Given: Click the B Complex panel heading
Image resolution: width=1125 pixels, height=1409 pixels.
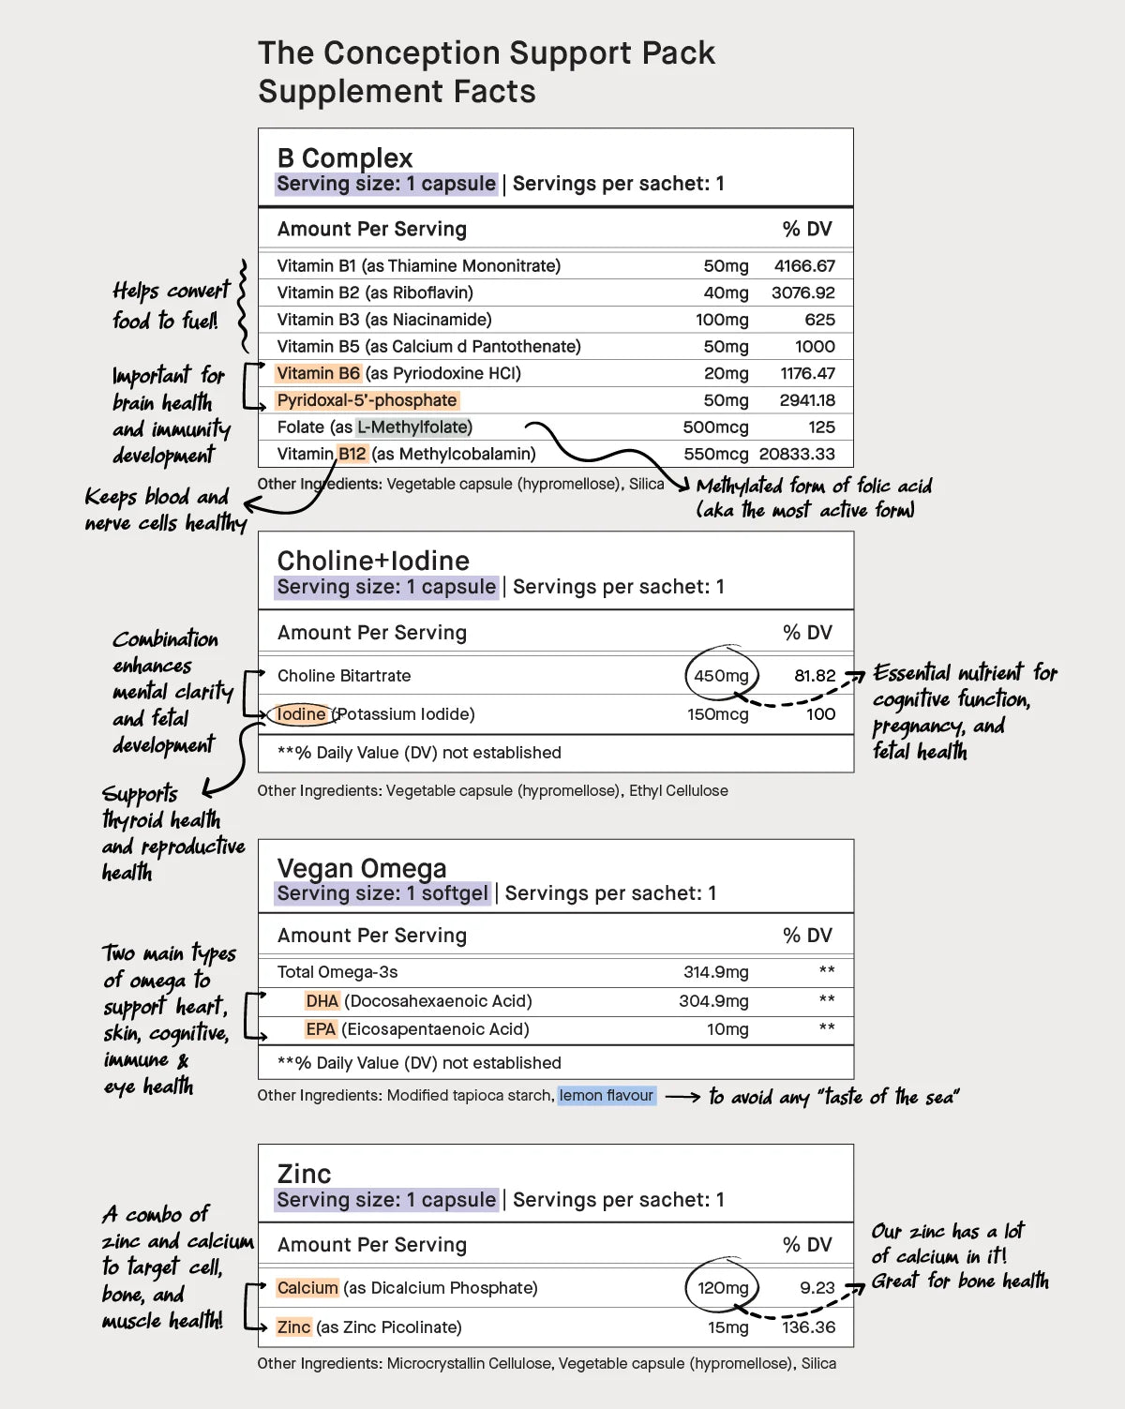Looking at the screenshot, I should (x=345, y=157).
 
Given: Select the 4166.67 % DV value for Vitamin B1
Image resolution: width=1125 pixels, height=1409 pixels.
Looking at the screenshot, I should (x=804, y=266).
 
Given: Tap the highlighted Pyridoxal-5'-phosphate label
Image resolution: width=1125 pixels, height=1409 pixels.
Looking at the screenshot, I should (x=367, y=400).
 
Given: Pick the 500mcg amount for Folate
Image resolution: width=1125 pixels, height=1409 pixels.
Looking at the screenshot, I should (x=715, y=427).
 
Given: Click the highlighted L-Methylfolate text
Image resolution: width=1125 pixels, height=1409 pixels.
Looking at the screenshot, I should (x=413, y=427).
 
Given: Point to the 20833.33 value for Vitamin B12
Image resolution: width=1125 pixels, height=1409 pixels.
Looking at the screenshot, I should (x=797, y=455).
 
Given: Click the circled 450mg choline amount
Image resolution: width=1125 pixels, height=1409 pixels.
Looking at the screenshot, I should (x=721, y=676).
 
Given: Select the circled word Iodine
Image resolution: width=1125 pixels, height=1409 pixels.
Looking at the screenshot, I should (x=302, y=714).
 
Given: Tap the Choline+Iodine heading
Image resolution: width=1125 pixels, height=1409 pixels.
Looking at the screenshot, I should (x=373, y=561).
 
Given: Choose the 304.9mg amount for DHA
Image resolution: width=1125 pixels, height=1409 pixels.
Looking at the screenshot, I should (x=713, y=1001).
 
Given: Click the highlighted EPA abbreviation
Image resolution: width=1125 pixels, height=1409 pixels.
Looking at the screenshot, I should (x=321, y=1029).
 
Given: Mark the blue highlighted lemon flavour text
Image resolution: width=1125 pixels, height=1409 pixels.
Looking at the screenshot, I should (x=607, y=1096).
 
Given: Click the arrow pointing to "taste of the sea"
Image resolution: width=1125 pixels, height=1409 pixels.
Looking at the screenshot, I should (x=682, y=1097).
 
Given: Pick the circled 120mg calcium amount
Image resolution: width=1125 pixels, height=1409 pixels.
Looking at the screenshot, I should (x=723, y=1288).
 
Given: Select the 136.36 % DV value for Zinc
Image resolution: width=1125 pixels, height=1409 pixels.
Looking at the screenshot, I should (x=808, y=1327).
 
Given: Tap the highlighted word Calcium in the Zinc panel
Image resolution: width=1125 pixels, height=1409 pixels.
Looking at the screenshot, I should (x=307, y=1288).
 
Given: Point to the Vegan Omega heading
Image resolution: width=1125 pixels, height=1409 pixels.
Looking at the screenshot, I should (x=362, y=868).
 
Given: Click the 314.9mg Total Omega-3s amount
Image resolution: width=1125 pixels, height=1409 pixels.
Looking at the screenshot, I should (x=715, y=973).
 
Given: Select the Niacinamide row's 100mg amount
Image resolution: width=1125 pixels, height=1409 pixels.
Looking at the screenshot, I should (x=722, y=320).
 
